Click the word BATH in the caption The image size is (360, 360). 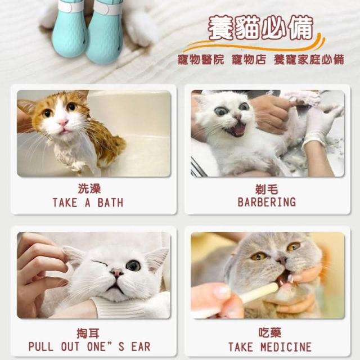click(110, 202)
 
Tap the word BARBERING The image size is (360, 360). click(267, 202)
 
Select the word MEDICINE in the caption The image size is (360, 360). click(286, 347)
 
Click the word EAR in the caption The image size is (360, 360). click(141, 346)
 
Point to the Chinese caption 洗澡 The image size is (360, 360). click(89, 189)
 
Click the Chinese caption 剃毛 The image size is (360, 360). click(267, 190)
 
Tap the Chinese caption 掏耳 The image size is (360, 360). click(88, 334)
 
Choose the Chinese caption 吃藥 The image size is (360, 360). click(270, 332)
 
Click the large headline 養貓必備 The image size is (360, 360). click(260, 28)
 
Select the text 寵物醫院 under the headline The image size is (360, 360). click(201, 60)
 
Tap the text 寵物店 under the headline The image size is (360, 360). click(249, 60)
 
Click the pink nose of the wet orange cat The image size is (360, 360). click(63, 123)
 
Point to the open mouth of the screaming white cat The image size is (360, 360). click(236, 129)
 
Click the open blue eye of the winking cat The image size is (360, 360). click(133, 265)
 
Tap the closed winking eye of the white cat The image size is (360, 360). click(100, 263)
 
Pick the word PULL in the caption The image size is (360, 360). click(41, 346)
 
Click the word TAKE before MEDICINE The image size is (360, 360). click(241, 347)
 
